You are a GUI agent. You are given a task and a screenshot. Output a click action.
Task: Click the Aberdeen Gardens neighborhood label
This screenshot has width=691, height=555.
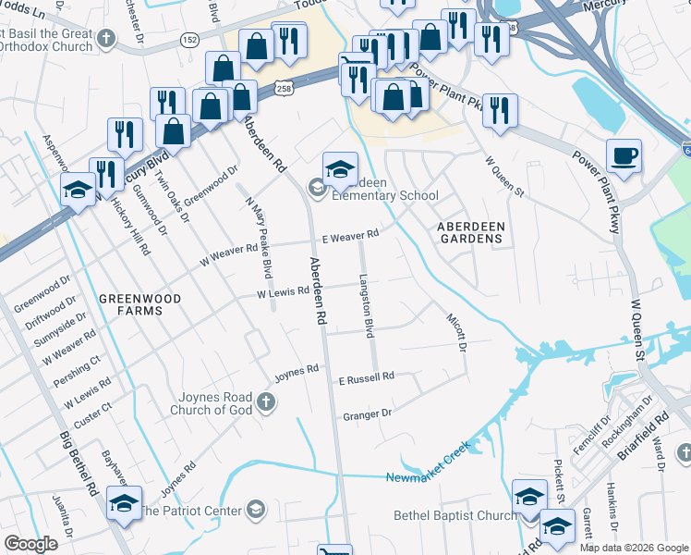click(x=469, y=232)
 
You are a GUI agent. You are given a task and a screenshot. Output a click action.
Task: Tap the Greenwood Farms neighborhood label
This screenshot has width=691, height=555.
click(x=130, y=304)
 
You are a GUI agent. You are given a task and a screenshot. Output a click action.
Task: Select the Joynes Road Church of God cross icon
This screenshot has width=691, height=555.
click(x=266, y=401)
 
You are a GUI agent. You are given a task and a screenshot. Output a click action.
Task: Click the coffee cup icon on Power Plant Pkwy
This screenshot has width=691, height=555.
click(x=624, y=155)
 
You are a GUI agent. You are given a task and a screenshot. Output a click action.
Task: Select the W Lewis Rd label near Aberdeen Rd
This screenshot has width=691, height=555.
click(x=282, y=293)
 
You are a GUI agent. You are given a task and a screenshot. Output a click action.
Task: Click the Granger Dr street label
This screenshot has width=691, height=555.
click(x=368, y=414)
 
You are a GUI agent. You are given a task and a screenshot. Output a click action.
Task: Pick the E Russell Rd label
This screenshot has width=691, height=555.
click(x=366, y=376)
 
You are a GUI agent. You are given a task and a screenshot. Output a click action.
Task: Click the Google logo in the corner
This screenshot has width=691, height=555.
click(x=31, y=544)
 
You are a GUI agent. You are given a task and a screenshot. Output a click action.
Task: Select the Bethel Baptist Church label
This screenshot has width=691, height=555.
click(x=455, y=515)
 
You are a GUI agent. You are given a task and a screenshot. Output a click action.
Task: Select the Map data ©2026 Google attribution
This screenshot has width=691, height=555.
click(x=633, y=548)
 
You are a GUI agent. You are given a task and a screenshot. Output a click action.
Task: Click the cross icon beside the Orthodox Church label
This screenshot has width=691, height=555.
click(x=107, y=39)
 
